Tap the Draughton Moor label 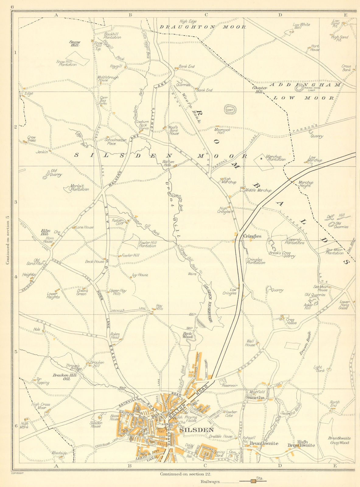(203, 27)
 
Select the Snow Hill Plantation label (66, 63)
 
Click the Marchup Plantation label (275, 158)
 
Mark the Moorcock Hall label (223, 131)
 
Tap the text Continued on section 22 (185, 474)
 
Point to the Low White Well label (301, 26)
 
